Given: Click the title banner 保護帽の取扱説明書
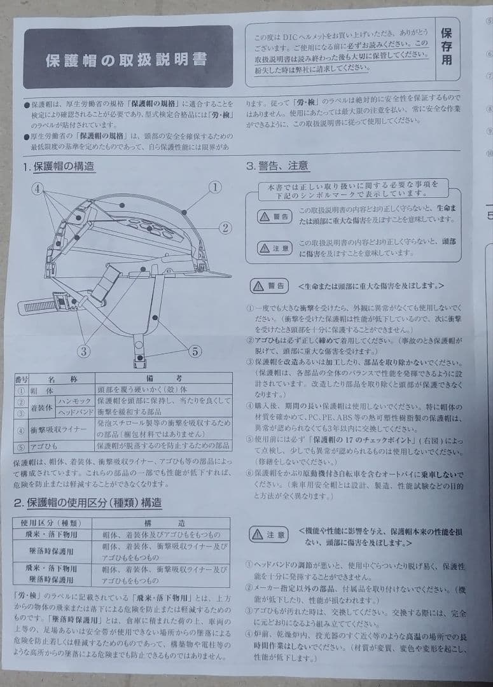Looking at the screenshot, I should [x=127, y=60].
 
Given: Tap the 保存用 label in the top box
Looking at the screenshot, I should [x=447, y=46].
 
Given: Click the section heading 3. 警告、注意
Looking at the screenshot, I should [x=278, y=167].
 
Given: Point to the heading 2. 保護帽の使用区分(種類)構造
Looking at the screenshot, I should [x=88, y=503].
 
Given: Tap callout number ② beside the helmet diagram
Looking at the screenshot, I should [x=225, y=227].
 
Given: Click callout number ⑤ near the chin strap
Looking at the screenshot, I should [x=195, y=350].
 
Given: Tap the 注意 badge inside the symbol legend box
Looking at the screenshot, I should [x=275, y=248].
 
